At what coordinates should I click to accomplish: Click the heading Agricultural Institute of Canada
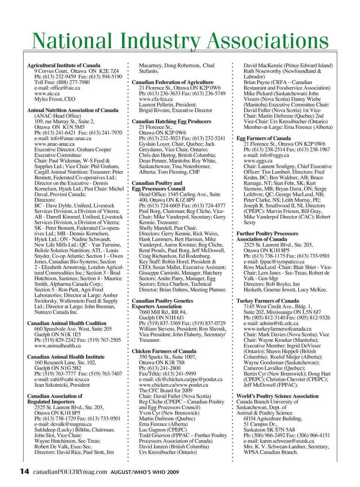click(x=64, y=65)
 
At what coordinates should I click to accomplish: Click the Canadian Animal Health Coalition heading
click(x=67, y=323)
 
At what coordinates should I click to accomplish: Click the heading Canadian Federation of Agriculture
click(x=172, y=82)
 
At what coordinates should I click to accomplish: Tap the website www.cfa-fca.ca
click(x=156, y=99)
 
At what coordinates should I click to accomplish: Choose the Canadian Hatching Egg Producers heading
click(x=171, y=121)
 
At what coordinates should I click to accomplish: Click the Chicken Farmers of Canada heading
click(x=164, y=351)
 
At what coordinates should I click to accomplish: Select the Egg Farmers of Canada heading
click(x=264, y=138)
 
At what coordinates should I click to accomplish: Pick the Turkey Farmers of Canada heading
click(x=267, y=301)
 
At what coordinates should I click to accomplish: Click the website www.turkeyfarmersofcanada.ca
click(x=277, y=329)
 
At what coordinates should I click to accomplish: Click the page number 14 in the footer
click(x=24, y=471)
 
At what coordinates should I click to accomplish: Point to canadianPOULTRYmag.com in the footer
click(x=70, y=472)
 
